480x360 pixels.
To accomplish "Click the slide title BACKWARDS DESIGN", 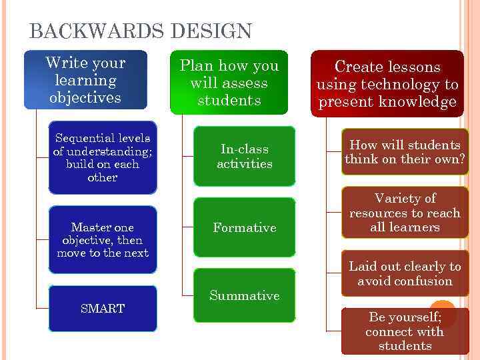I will [141, 31].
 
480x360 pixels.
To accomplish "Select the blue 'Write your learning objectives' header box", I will [85, 80].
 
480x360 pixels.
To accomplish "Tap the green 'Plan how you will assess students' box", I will [229, 83].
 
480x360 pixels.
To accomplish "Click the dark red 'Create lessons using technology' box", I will [387, 84].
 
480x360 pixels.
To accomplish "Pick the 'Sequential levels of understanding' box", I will [103, 158].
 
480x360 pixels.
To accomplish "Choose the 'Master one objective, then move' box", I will [103, 240].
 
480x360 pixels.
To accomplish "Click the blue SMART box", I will [103, 309].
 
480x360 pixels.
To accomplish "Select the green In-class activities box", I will [244, 156].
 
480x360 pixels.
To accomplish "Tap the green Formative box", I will [244, 227].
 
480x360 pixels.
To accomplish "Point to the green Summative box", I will [244, 295].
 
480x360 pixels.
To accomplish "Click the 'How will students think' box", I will [405, 152].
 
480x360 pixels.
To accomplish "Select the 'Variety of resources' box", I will [405, 213].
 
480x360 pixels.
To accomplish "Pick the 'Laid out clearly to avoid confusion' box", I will [405, 273].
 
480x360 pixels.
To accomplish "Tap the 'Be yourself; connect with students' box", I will [405, 331].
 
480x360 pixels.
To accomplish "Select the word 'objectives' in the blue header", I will [85, 98].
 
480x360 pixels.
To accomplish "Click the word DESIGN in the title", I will [211, 31].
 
